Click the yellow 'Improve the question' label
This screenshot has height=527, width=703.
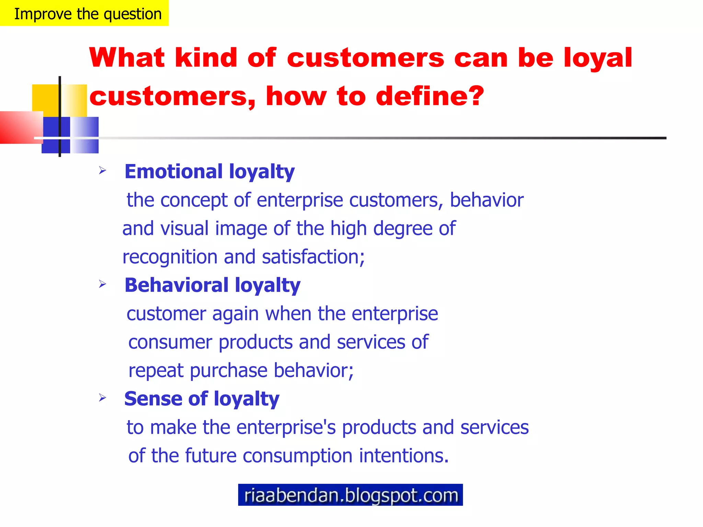pyautogui.click(x=84, y=13)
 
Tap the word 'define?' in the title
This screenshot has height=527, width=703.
pyautogui.click(x=430, y=96)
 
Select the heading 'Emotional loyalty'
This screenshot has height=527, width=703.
pyautogui.click(x=209, y=172)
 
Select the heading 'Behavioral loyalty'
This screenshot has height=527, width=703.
pyautogui.click(x=212, y=285)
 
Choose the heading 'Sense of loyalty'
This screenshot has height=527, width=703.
pyautogui.click(x=202, y=399)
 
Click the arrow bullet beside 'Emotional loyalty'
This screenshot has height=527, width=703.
pyautogui.click(x=102, y=170)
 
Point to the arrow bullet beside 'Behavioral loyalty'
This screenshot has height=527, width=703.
pyautogui.click(x=102, y=284)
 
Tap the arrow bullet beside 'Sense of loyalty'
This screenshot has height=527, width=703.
pyautogui.click(x=102, y=398)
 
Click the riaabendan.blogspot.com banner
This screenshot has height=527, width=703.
pyautogui.click(x=350, y=495)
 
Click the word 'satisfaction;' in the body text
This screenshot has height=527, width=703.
pyautogui.click(x=313, y=257)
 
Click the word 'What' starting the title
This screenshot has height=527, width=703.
pyautogui.click(x=127, y=58)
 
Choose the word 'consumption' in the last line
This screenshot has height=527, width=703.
pyautogui.click(x=298, y=456)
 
